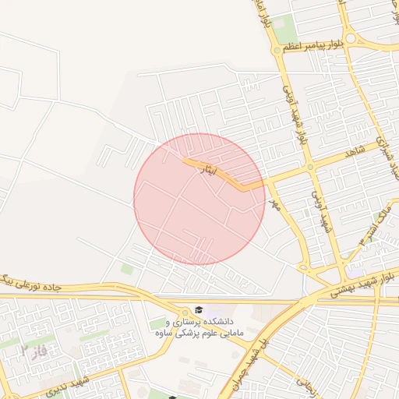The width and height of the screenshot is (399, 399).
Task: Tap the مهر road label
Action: click(x=273, y=204)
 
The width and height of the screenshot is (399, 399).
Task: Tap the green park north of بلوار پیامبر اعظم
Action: click(x=284, y=23)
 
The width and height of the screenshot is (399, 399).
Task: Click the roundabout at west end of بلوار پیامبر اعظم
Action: click(x=277, y=50)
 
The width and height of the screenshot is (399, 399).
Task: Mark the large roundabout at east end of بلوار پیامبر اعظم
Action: click(x=351, y=37)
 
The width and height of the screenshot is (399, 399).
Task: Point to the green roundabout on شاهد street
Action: click(x=310, y=167)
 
